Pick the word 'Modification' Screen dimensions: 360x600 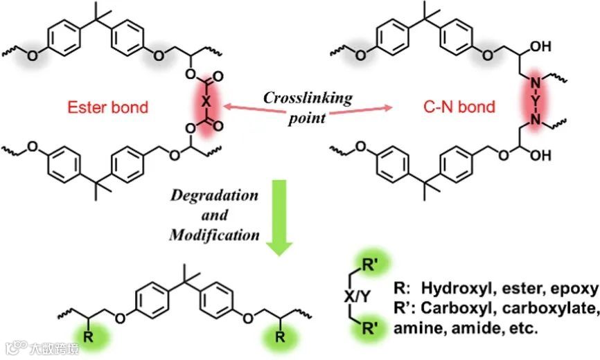(x=214, y=235)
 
